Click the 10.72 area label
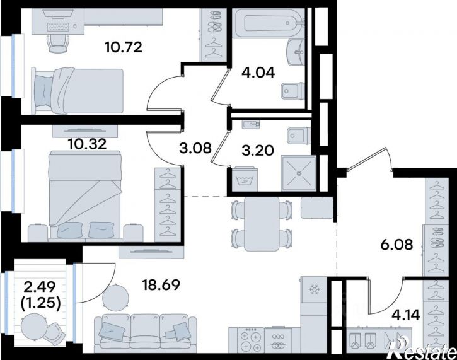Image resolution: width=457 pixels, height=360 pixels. coord(124,47)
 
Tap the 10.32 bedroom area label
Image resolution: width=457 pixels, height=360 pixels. coord(87,144)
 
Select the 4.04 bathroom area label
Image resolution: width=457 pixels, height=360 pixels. coord(258,73)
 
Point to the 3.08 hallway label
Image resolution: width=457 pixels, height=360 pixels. coord(195,148)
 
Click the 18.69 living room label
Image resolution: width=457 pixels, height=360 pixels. coord(161,285)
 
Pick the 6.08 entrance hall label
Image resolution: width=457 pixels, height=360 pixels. coord(397,245)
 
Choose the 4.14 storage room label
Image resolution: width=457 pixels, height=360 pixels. coord(406,315)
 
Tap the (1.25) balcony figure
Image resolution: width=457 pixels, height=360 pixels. coord(41,303)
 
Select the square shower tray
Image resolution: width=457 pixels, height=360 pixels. coord(299,173)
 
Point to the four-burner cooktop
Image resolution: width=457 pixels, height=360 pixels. coord(251,339)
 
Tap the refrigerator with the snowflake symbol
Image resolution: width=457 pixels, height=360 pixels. coord(314,290)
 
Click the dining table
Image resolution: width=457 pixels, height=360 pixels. coord(262,224)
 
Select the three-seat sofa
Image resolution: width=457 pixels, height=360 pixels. coord(146,332)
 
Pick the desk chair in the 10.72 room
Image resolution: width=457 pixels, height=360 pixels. coord(58,44)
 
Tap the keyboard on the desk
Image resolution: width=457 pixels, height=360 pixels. coord(58,27)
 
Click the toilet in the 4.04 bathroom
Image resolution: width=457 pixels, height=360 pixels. coord(292,91)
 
